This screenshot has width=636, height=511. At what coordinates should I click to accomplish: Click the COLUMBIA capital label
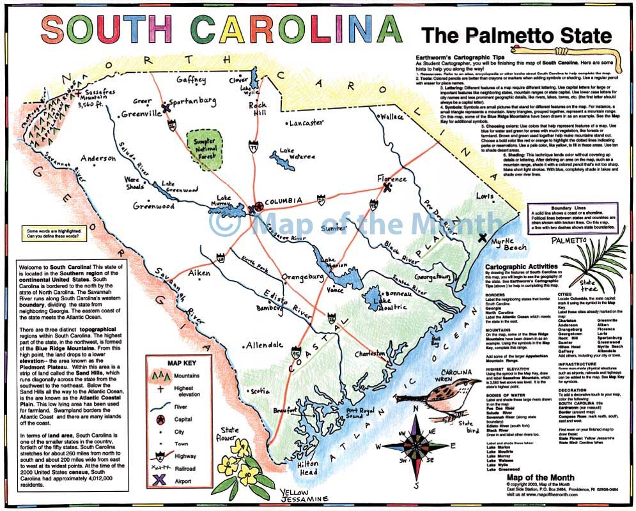(x=283, y=201)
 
